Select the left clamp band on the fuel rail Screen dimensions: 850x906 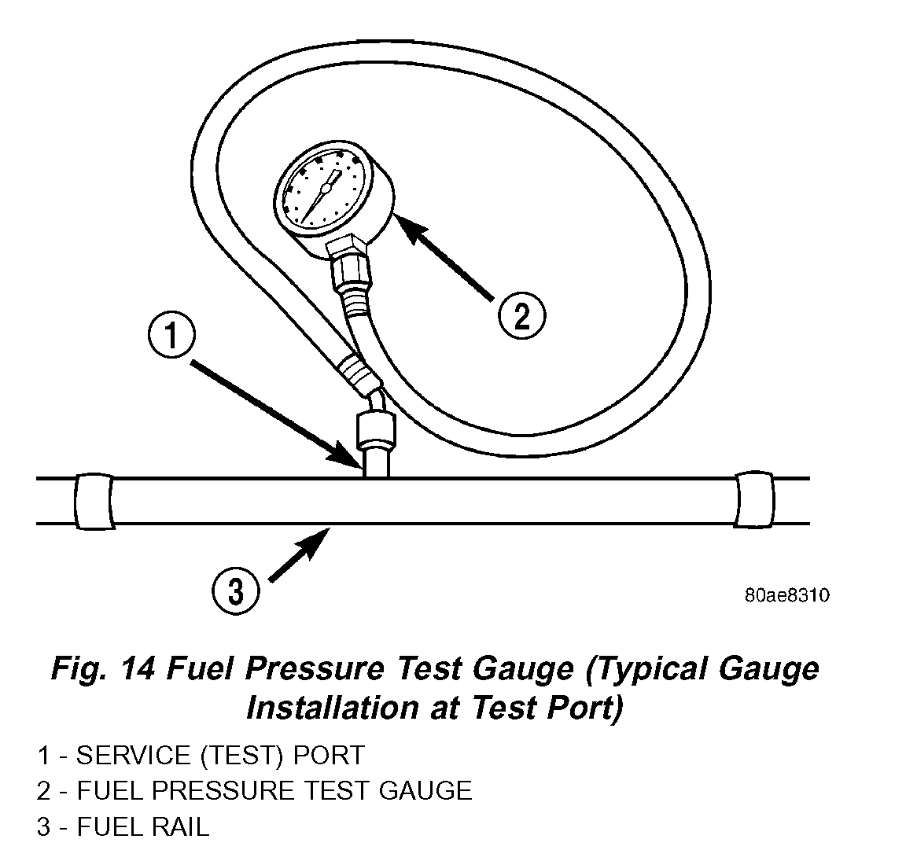(93, 501)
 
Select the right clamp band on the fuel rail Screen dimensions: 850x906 (755, 500)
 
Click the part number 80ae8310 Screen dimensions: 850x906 (786, 595)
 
